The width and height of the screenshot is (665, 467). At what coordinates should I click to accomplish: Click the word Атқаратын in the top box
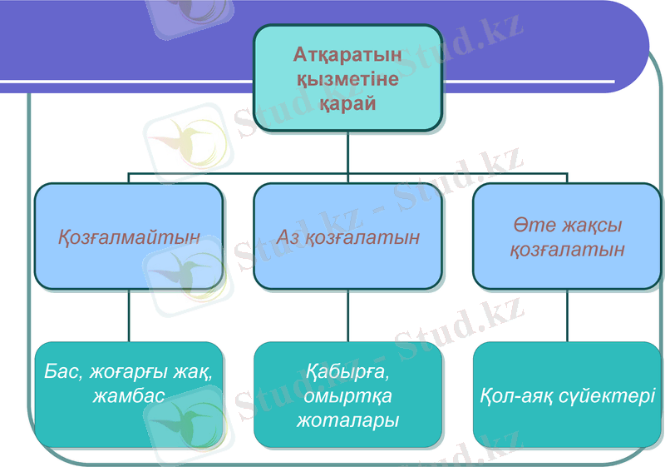coord(347,55)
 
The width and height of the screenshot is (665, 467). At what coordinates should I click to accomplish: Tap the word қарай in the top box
coord(347,104)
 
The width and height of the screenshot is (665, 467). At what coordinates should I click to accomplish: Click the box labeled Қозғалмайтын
coord(129,236)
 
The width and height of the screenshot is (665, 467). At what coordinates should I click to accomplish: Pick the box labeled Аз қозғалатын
coord(347,236)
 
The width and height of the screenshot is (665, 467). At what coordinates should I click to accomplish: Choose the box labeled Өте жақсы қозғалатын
coord(567,236)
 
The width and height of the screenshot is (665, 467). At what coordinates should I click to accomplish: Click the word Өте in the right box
coord(530,226)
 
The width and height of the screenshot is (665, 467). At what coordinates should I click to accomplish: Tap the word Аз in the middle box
coord(288,237)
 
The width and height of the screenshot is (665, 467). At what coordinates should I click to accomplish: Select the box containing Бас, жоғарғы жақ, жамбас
coord(129,394)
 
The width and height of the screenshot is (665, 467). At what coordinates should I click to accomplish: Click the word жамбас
coord(129,395)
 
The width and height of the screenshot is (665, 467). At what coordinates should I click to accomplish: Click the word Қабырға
coord(347,371)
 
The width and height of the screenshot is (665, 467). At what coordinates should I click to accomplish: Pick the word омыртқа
coord(347,395)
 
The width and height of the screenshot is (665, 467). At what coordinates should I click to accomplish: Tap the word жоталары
coord(347,420)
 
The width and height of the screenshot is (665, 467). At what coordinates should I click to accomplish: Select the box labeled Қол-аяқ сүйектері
coord(567,394)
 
